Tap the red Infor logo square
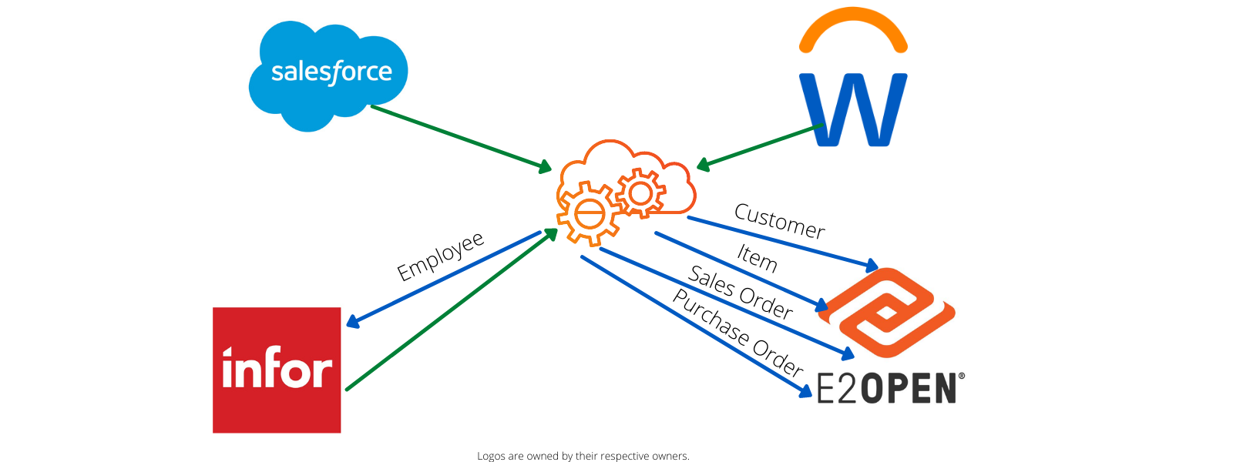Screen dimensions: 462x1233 (x=277, y=370)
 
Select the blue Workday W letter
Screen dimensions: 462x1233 (x=853, y=109)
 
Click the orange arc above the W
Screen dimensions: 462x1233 (x=853, y=28)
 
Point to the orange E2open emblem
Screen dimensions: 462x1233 (x=886, y=313)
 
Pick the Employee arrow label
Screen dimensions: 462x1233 (x=440, y=256)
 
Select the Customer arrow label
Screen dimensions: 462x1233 (x=779, y=221)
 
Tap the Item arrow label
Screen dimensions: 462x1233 (x=757, y=257)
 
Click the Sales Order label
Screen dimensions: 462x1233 (x=740, y=293)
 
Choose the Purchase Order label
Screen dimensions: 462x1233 (x=737, y=333)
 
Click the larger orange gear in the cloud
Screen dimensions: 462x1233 (x=590, y=213)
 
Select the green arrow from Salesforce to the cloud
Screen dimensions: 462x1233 (x=460, y=138)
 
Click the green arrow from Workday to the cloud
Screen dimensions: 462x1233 (x=759, y=146)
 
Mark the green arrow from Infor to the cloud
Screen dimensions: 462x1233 (x=451, y=310)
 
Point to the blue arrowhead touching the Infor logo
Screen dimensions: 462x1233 (x=353, y=322)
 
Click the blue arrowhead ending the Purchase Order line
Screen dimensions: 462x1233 (x=805, y=392)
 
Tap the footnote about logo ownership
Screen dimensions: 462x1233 (x=583, y=456)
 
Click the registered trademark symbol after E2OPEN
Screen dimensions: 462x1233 (x=961, y=377)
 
